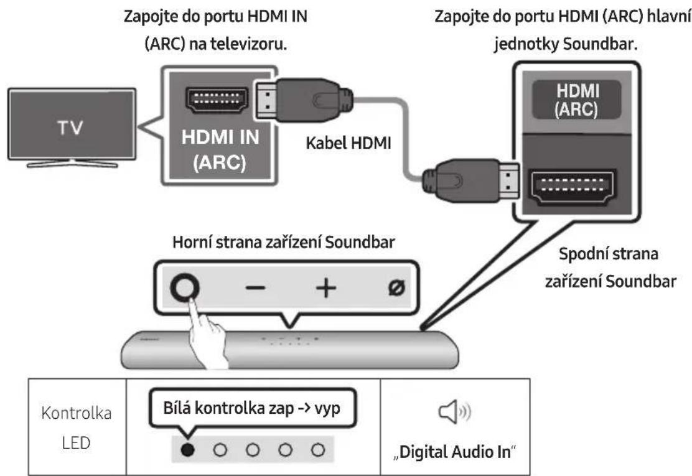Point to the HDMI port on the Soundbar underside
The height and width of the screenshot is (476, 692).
(571, 185)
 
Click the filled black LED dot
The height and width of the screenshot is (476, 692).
(185, 449)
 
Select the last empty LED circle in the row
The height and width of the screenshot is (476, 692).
(319, 449)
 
